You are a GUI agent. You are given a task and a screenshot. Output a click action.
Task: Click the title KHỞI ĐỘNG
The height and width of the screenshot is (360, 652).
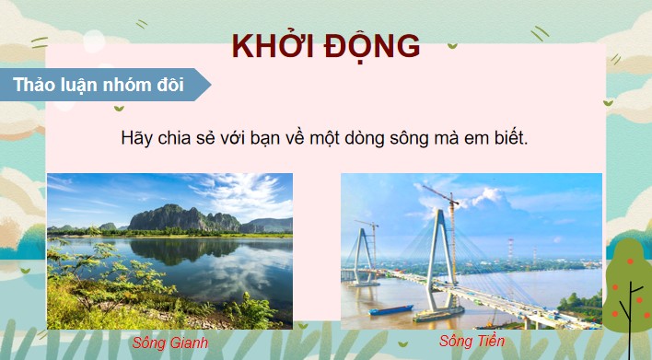pos(325,46)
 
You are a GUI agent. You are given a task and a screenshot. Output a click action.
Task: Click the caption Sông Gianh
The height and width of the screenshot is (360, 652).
pos(169,343)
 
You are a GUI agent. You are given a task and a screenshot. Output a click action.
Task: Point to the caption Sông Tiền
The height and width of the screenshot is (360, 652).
pos(472,342)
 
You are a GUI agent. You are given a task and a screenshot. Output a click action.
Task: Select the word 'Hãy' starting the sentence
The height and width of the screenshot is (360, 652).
pos(134,137)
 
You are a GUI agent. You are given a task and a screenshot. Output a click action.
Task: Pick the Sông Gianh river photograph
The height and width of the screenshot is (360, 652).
pos(169,250)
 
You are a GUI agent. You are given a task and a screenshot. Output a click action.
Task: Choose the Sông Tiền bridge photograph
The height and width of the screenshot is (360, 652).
pos(472,250)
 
